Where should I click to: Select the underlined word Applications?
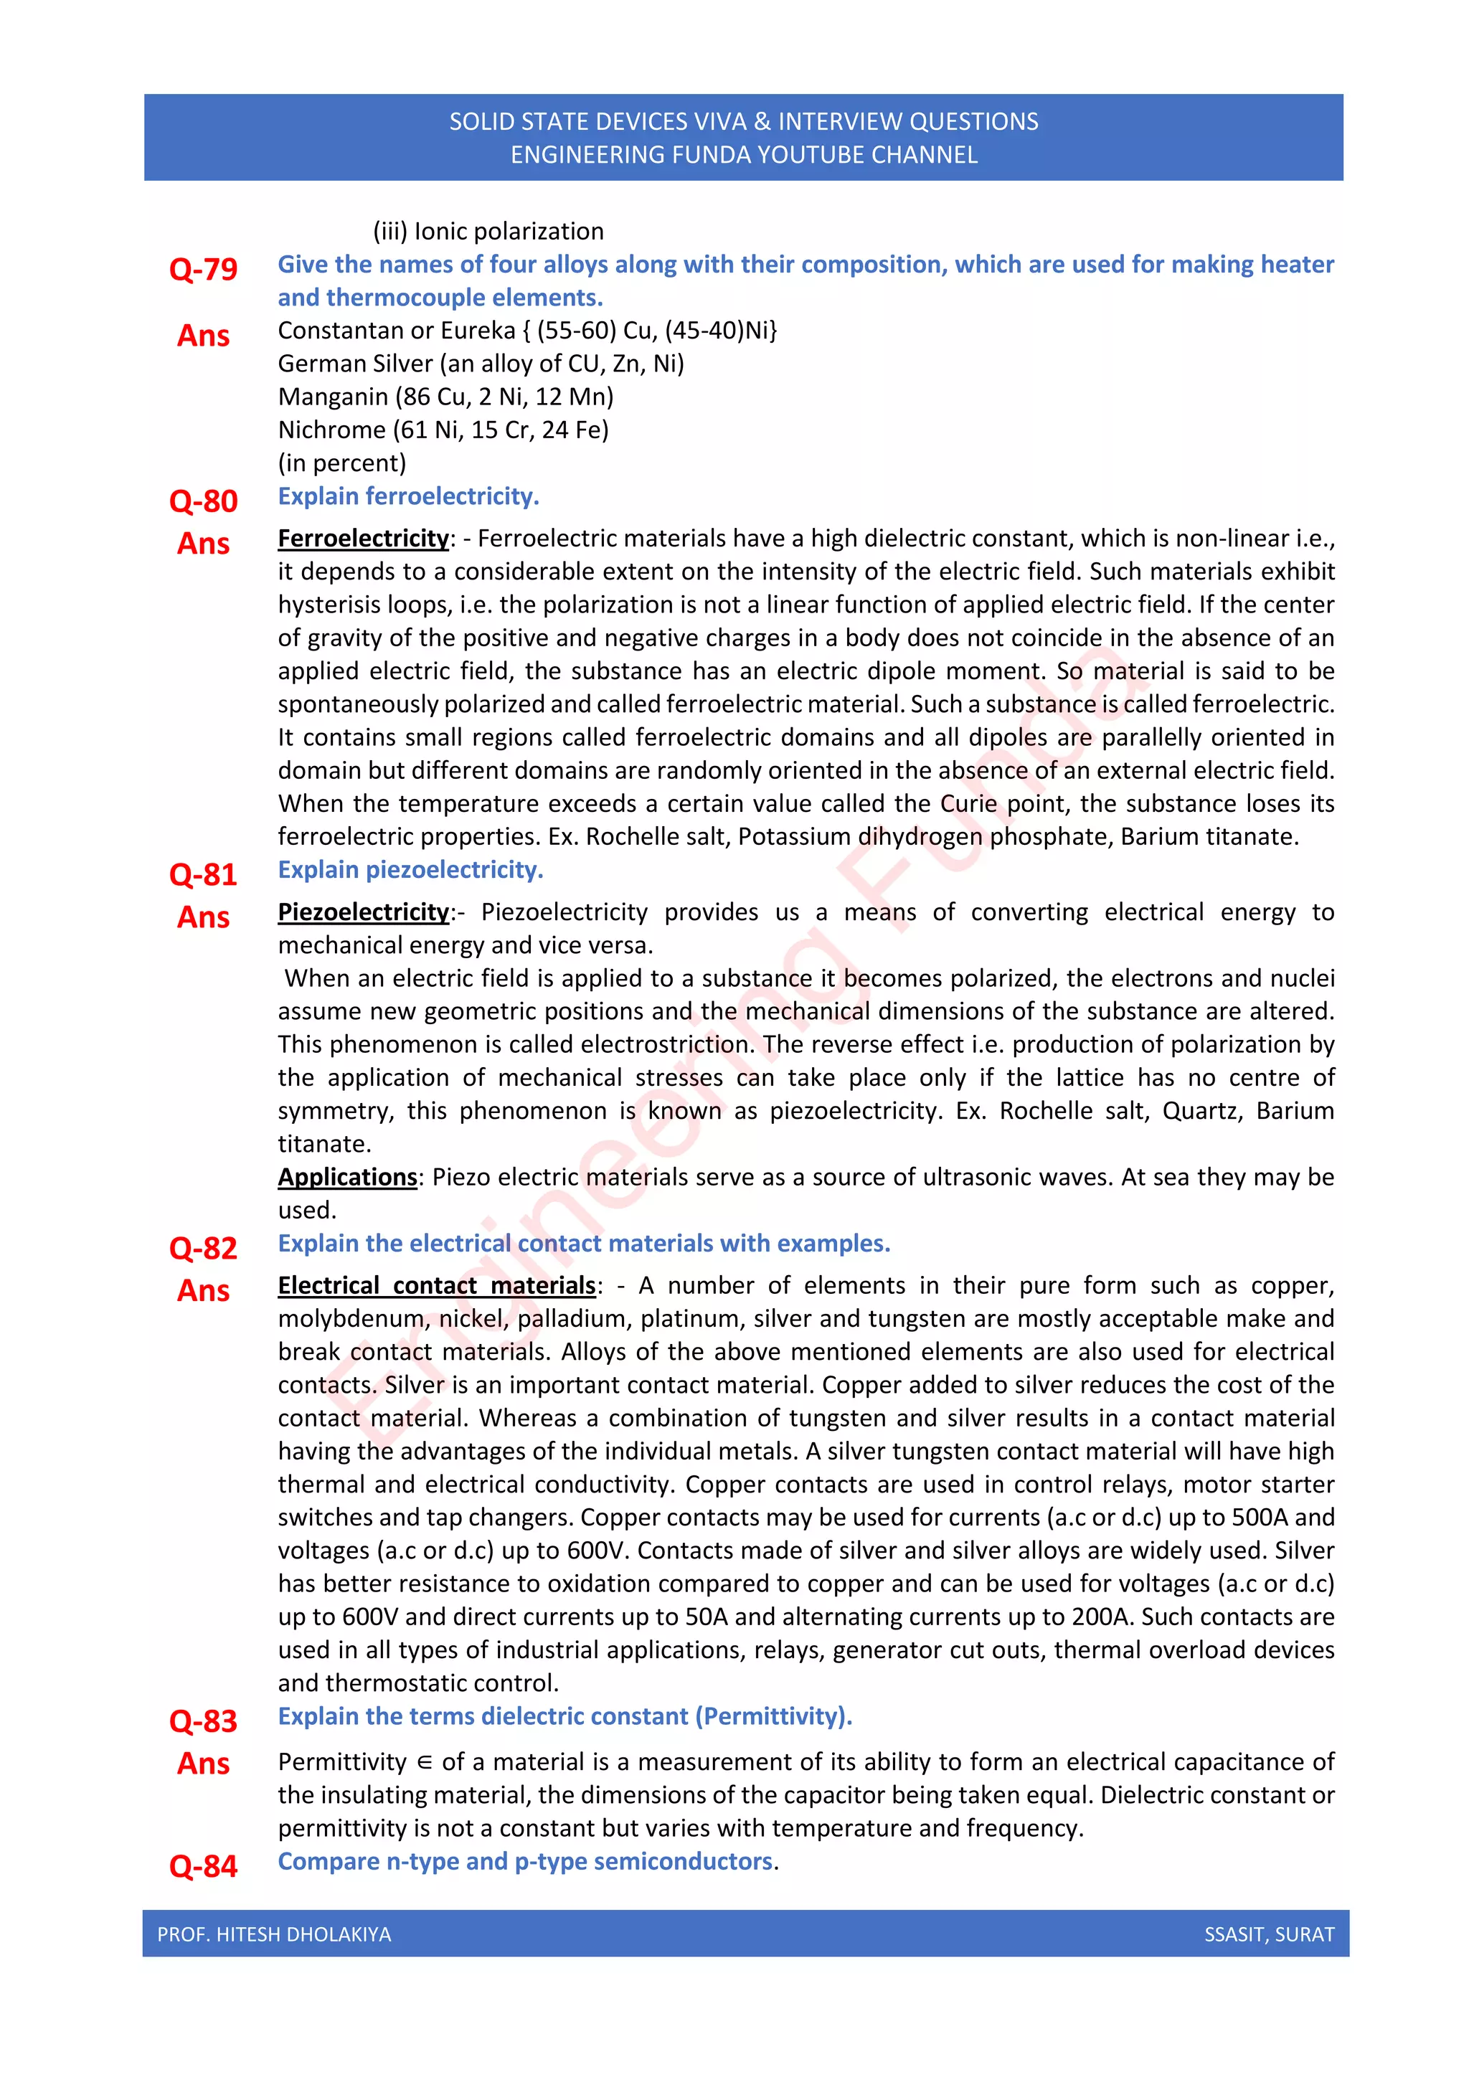pyautogui.click(x=347, y=1177)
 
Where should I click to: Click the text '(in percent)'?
pyautogui.click(x=342, y=463)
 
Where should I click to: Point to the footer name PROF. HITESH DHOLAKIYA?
pyautogui.click(x=274, y=1934)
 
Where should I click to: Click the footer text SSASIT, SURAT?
pyautogui.click(x=1268, y=1934)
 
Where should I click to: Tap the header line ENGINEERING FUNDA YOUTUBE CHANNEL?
pyautogui.click(x=744, y=156)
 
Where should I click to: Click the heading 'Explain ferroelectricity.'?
pyautogui.click(x=408, y=496)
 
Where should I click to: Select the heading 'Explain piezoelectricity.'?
pyautogui.click(x=410, y=870)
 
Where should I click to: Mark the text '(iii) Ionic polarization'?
pyautogui.click(x=488, y=232)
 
